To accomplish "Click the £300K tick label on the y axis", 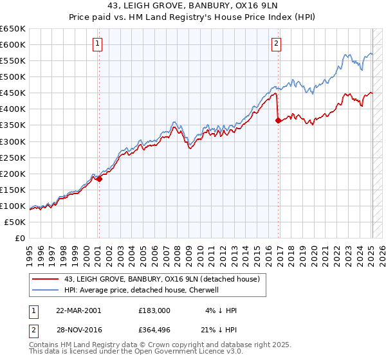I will [x=14, y=141].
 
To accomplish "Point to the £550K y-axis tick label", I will [x=14, y=61].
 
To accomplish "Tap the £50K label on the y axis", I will [x=15, y=222].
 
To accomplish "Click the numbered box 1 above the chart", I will [x=97, y=44].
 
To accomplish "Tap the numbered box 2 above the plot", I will [x=276, y=44].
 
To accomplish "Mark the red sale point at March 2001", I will [x=100, y=179].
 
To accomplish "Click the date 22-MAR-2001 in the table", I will [x=78, y=310].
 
